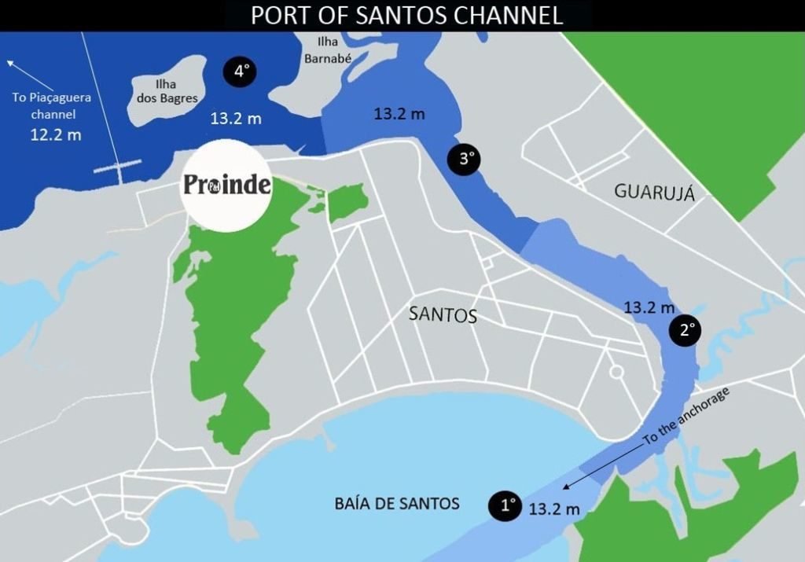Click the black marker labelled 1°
(x=505, y=505)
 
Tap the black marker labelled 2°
(x=684, y=331)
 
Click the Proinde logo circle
(x=226, y=185)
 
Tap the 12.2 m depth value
(x=55, y=134)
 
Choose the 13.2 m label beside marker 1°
(x=554, y=509)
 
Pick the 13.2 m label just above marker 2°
(x=649, y=307)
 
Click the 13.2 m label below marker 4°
(x=236, y=119)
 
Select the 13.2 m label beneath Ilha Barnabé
(x=399, y=113)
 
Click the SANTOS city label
(x=443, y=315)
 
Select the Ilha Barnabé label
(x=327, y=50)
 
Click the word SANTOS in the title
(x=406, y=16)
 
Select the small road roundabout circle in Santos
(x=616, y=370)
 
